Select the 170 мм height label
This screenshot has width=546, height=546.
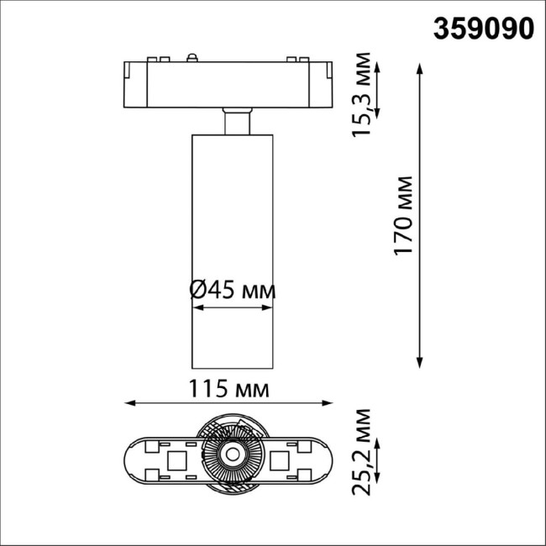pos(405,216)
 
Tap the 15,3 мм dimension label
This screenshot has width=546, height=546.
pos(361,93)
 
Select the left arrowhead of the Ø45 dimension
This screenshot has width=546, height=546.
pos(196,308)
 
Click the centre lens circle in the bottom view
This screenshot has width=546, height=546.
pos(230,459)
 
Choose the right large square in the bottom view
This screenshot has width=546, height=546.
pos(282,459)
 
